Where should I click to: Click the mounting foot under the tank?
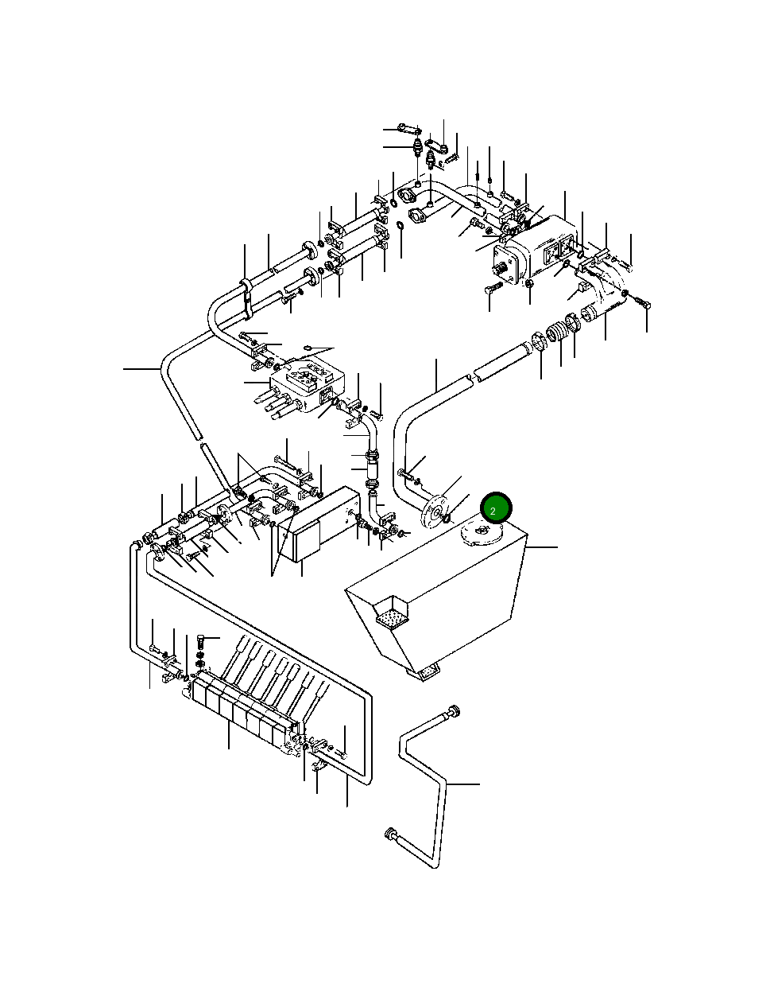(424, 673)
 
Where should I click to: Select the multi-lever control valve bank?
(246, 713)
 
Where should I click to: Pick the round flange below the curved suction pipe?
(435, 513)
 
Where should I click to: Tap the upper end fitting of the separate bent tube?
(454, 710)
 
